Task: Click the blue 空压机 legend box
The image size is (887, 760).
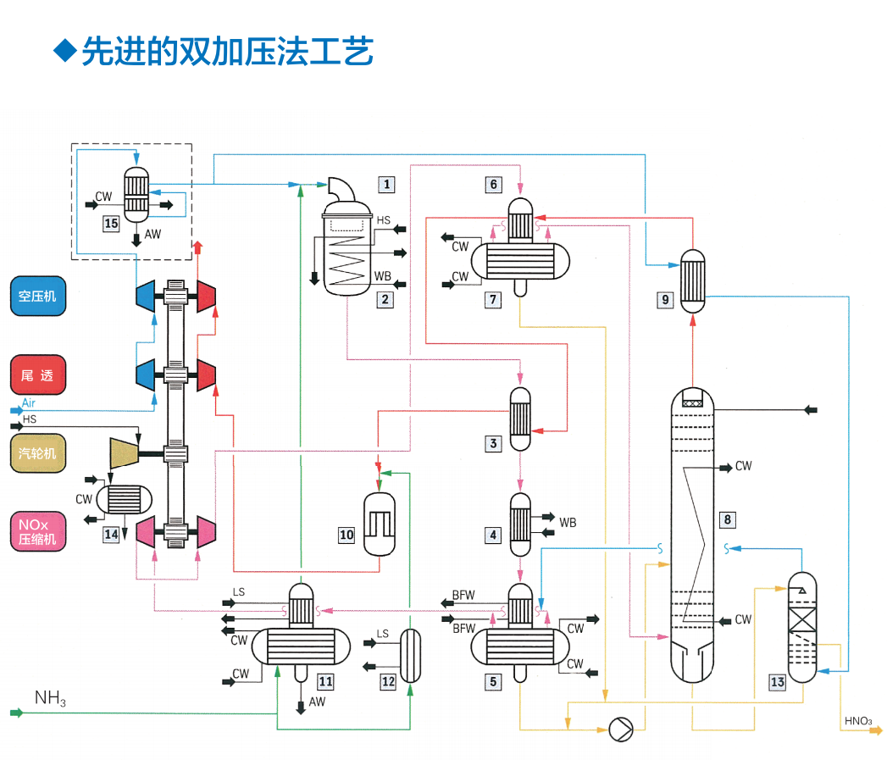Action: coord(38,297)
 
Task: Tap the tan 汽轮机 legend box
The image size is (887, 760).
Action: coord(38,454)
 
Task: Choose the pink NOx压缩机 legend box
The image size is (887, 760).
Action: coord(38,532)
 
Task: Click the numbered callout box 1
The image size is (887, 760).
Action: coord(386,184)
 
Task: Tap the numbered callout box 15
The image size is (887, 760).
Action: coord(112,224)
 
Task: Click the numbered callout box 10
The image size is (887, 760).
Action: coord(346,535)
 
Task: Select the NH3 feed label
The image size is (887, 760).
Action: coord(51,699)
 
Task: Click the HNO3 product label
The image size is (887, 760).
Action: coord(857,721)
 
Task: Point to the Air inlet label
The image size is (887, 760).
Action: coord(29,403)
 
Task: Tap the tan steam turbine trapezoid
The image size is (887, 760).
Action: coord(124,453)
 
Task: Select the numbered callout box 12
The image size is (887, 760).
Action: coord(388,680)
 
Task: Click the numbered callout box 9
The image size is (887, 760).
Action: coord(664,298)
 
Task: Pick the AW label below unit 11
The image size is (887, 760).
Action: coord(317,702)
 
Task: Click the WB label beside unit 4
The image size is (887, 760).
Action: coord(568,523)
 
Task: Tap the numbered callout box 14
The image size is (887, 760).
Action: coord(111,535)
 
